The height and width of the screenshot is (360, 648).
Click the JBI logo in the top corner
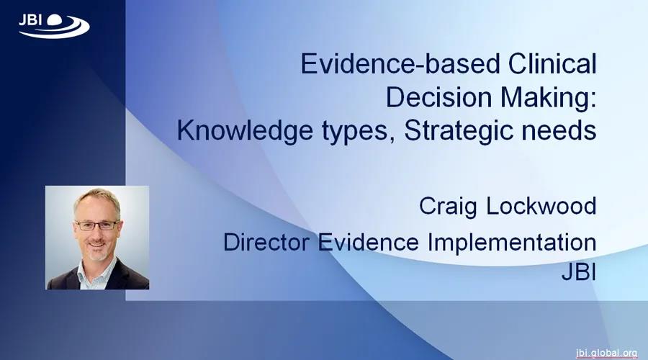[x=54, y=26]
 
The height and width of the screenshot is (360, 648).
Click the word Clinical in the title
[x=552, y=64]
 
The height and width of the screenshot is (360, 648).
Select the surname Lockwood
[x=541, y=205]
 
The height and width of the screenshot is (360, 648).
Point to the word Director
[x=266, y=242]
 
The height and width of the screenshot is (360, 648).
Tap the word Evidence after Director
[x=368, y=242]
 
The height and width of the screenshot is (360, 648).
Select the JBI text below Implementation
[x=579, y=272]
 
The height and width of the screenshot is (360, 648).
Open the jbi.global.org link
[x=607, y=353]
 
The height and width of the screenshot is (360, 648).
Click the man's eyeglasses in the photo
[x=96, y=225]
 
